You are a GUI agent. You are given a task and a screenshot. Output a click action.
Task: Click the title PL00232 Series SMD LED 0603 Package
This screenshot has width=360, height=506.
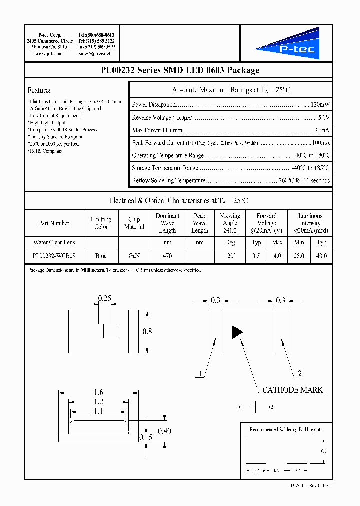click(179, 70)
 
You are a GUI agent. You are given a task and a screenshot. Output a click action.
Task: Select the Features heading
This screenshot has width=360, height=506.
click(40, 90)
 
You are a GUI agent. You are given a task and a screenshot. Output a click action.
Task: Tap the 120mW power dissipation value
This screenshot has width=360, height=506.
click(320, 105)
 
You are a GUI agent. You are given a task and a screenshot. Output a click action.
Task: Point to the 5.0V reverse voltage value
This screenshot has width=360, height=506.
click(323, 118)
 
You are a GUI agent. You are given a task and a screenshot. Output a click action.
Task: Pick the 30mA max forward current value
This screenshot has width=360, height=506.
click(322, 130)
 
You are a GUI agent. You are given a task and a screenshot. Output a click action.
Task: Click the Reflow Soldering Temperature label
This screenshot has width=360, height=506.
click(168, 180)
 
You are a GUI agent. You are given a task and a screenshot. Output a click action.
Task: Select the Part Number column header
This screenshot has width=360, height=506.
click(54, 223)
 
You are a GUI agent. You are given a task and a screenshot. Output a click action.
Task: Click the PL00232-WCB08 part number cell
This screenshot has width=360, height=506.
click(54, 256)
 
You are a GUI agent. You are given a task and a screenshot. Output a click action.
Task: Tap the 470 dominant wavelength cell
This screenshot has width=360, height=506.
click(167, 256)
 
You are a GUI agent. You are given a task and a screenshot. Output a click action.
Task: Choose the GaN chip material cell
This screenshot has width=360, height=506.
click(134, 256)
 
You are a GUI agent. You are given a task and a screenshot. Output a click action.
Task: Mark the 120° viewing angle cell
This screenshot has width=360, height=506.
click(230, 256)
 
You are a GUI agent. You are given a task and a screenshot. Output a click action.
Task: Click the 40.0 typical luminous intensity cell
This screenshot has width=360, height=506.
click(321, 256)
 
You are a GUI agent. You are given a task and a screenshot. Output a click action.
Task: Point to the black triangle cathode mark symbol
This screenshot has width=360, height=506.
click(237, 332)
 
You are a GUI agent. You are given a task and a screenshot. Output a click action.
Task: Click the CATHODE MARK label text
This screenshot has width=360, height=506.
click(293, 390)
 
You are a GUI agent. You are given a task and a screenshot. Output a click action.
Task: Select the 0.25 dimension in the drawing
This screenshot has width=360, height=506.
click(104, 298)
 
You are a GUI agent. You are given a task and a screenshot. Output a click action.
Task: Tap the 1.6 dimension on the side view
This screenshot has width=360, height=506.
click(99, 393)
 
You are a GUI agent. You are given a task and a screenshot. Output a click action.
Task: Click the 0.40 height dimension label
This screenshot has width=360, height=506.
click(165, 430)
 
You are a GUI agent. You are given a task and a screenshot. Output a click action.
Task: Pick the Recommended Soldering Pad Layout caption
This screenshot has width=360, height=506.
click(285, 429)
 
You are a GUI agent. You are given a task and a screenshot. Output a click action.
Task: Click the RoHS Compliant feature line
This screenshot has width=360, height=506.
click(46, 151)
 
